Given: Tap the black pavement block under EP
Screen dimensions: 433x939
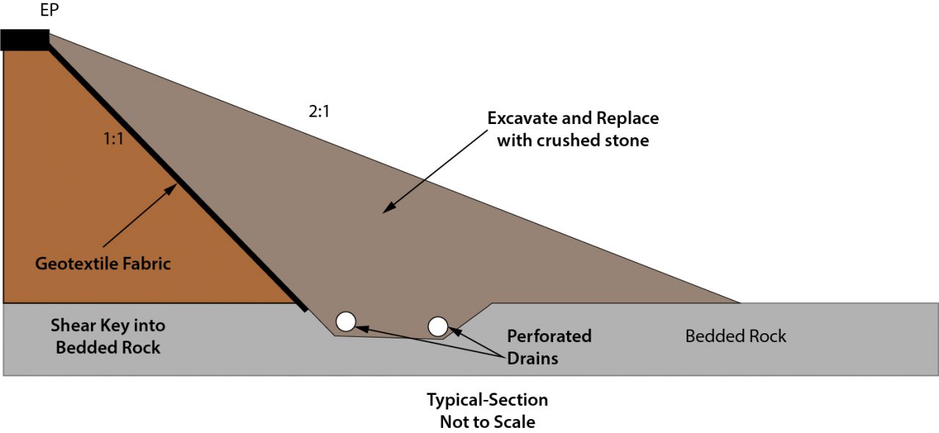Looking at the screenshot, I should [x=25, y=40].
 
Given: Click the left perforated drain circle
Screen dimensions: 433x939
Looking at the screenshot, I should [x=346, y=321].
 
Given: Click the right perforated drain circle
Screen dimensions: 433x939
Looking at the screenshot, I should [x=438, y=327].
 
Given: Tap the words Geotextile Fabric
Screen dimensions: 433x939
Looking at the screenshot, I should [x=103, y=263].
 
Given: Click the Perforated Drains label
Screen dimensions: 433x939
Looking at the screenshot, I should [x=549, y=347].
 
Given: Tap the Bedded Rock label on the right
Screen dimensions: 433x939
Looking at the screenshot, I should [x=735, y=336].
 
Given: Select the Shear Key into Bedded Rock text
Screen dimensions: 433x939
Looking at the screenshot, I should [x=108, y=336].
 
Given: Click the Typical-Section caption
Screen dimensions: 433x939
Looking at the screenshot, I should [x=487, y=400].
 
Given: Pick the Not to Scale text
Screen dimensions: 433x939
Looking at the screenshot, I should [x=487, y=422].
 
